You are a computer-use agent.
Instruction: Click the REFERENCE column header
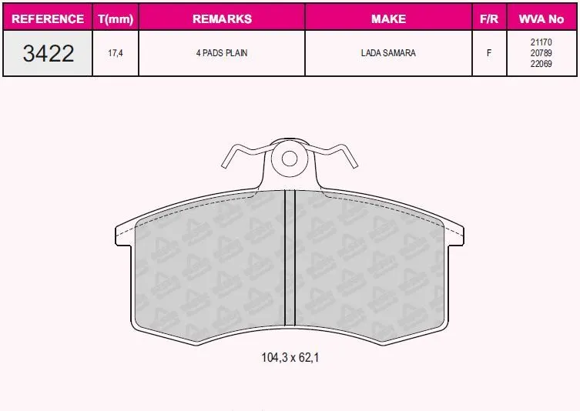(48, 18)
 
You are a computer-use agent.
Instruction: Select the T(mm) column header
(116, 18)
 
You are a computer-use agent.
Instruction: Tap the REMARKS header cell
(222, 18)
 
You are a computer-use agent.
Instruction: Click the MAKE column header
(388, 18)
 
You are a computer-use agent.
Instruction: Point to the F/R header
(489, 18)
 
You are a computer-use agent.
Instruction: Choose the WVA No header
(541, 18)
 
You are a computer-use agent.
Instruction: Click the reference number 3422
(49, 53)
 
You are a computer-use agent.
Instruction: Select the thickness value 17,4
(116, 53)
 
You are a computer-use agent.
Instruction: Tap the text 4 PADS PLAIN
(222, 53)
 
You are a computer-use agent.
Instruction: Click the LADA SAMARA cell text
(388, 53)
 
